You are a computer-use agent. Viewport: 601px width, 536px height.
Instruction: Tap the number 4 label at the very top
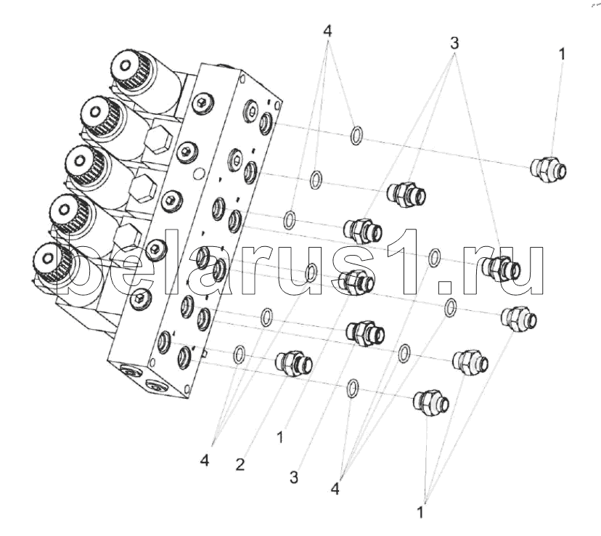pos(328,32)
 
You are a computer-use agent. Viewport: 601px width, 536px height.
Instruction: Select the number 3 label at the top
pos(454,43)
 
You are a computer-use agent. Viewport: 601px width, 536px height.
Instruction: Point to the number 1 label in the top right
pos(561,54)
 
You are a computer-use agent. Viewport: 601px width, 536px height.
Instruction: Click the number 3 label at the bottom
pos(295,477)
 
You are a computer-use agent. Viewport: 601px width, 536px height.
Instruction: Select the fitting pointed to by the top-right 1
pos(547,169)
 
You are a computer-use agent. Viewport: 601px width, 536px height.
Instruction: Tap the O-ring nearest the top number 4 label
pos(356,135)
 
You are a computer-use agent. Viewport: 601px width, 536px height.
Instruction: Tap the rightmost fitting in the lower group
pos(519,318)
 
